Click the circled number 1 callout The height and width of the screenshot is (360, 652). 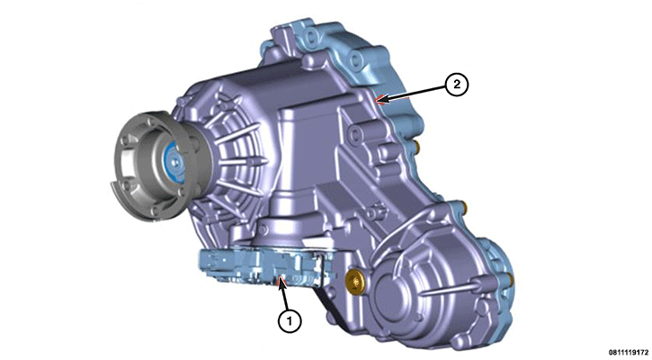pyautogui.click(x=290, y=320)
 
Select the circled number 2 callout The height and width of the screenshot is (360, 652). pyautogui.click(x=457, y=85)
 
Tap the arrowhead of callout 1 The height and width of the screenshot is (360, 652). pyautogui.click(x=281, y=282)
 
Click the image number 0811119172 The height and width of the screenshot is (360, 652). pyautogui.click(x=630, y=353)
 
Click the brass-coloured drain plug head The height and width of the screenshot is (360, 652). pyautogui.click(x=355, y=279)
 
